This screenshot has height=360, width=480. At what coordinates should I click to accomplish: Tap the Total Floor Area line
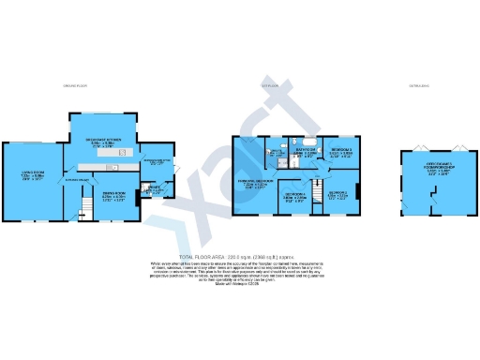[x=240, y=255]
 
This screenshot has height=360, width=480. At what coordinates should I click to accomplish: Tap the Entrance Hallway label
[x=77, y=178]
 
